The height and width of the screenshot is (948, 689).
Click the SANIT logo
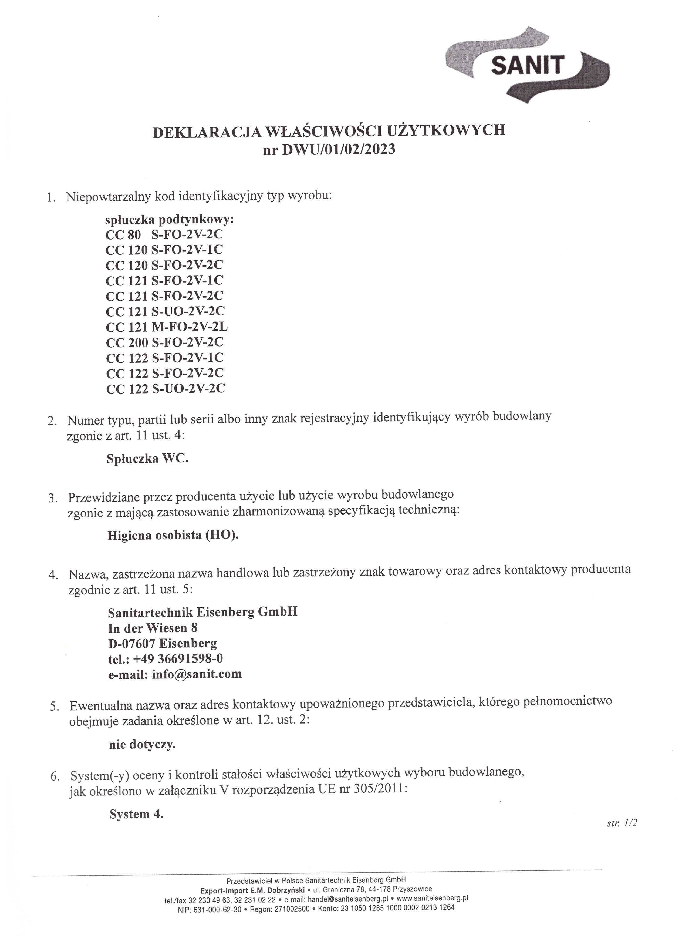coord(527,66)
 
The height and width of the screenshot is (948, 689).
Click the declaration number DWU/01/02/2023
coord(339,149)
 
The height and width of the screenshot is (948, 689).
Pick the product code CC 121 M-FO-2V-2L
coord(167,327)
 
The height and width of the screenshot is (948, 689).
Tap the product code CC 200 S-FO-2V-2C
coord(165,342)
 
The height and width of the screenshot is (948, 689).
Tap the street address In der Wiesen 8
coord(153,628)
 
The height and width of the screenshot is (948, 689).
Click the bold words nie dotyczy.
coord(142,744)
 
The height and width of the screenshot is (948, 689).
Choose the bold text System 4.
coord(136,814)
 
